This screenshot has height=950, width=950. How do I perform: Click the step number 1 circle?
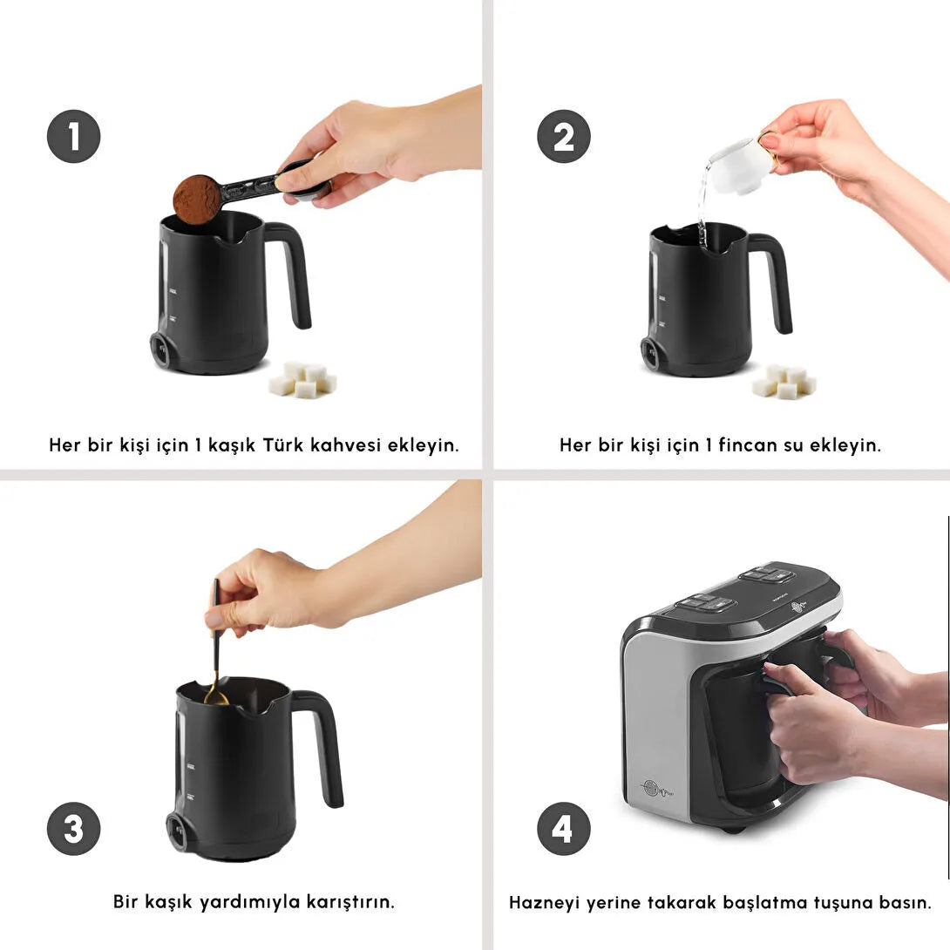(73, 136)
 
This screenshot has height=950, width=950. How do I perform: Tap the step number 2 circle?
(563, 136)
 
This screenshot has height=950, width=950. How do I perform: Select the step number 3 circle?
(73, 828)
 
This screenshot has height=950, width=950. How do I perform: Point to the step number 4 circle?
(563, 828)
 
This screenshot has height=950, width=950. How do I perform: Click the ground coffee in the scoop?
(197, 199)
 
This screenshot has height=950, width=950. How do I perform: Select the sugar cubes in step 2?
(784, 381)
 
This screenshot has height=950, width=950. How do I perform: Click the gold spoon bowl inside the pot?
(215, 696)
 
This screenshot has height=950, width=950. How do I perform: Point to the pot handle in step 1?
(295, 270)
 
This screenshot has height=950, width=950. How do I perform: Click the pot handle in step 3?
(324, 741)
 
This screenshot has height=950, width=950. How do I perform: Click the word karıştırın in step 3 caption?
(349, 900)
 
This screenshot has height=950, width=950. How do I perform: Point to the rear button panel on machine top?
(766, 575)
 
